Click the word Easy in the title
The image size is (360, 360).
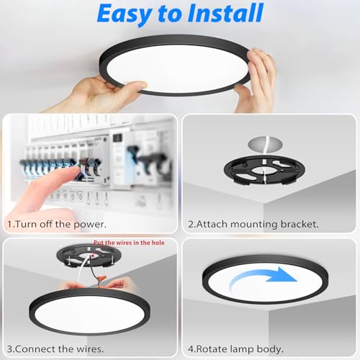[x=125, y=14]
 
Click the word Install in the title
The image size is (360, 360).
[x=225, y=13]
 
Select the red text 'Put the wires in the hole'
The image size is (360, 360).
[x=129, y=243]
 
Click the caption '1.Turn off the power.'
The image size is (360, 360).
[x=57, y=224]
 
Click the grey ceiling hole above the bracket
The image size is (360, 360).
[x=265, y=144]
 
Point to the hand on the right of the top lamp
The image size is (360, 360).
[x=257, y=79]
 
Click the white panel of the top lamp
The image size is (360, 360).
[x=177, y=68]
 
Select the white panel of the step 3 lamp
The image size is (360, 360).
[x=89, y=312]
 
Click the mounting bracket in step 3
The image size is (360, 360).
[x=89, y=256]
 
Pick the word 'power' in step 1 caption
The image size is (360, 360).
[x=89, y=225]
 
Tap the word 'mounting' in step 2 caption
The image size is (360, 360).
[x=254, y=225]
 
